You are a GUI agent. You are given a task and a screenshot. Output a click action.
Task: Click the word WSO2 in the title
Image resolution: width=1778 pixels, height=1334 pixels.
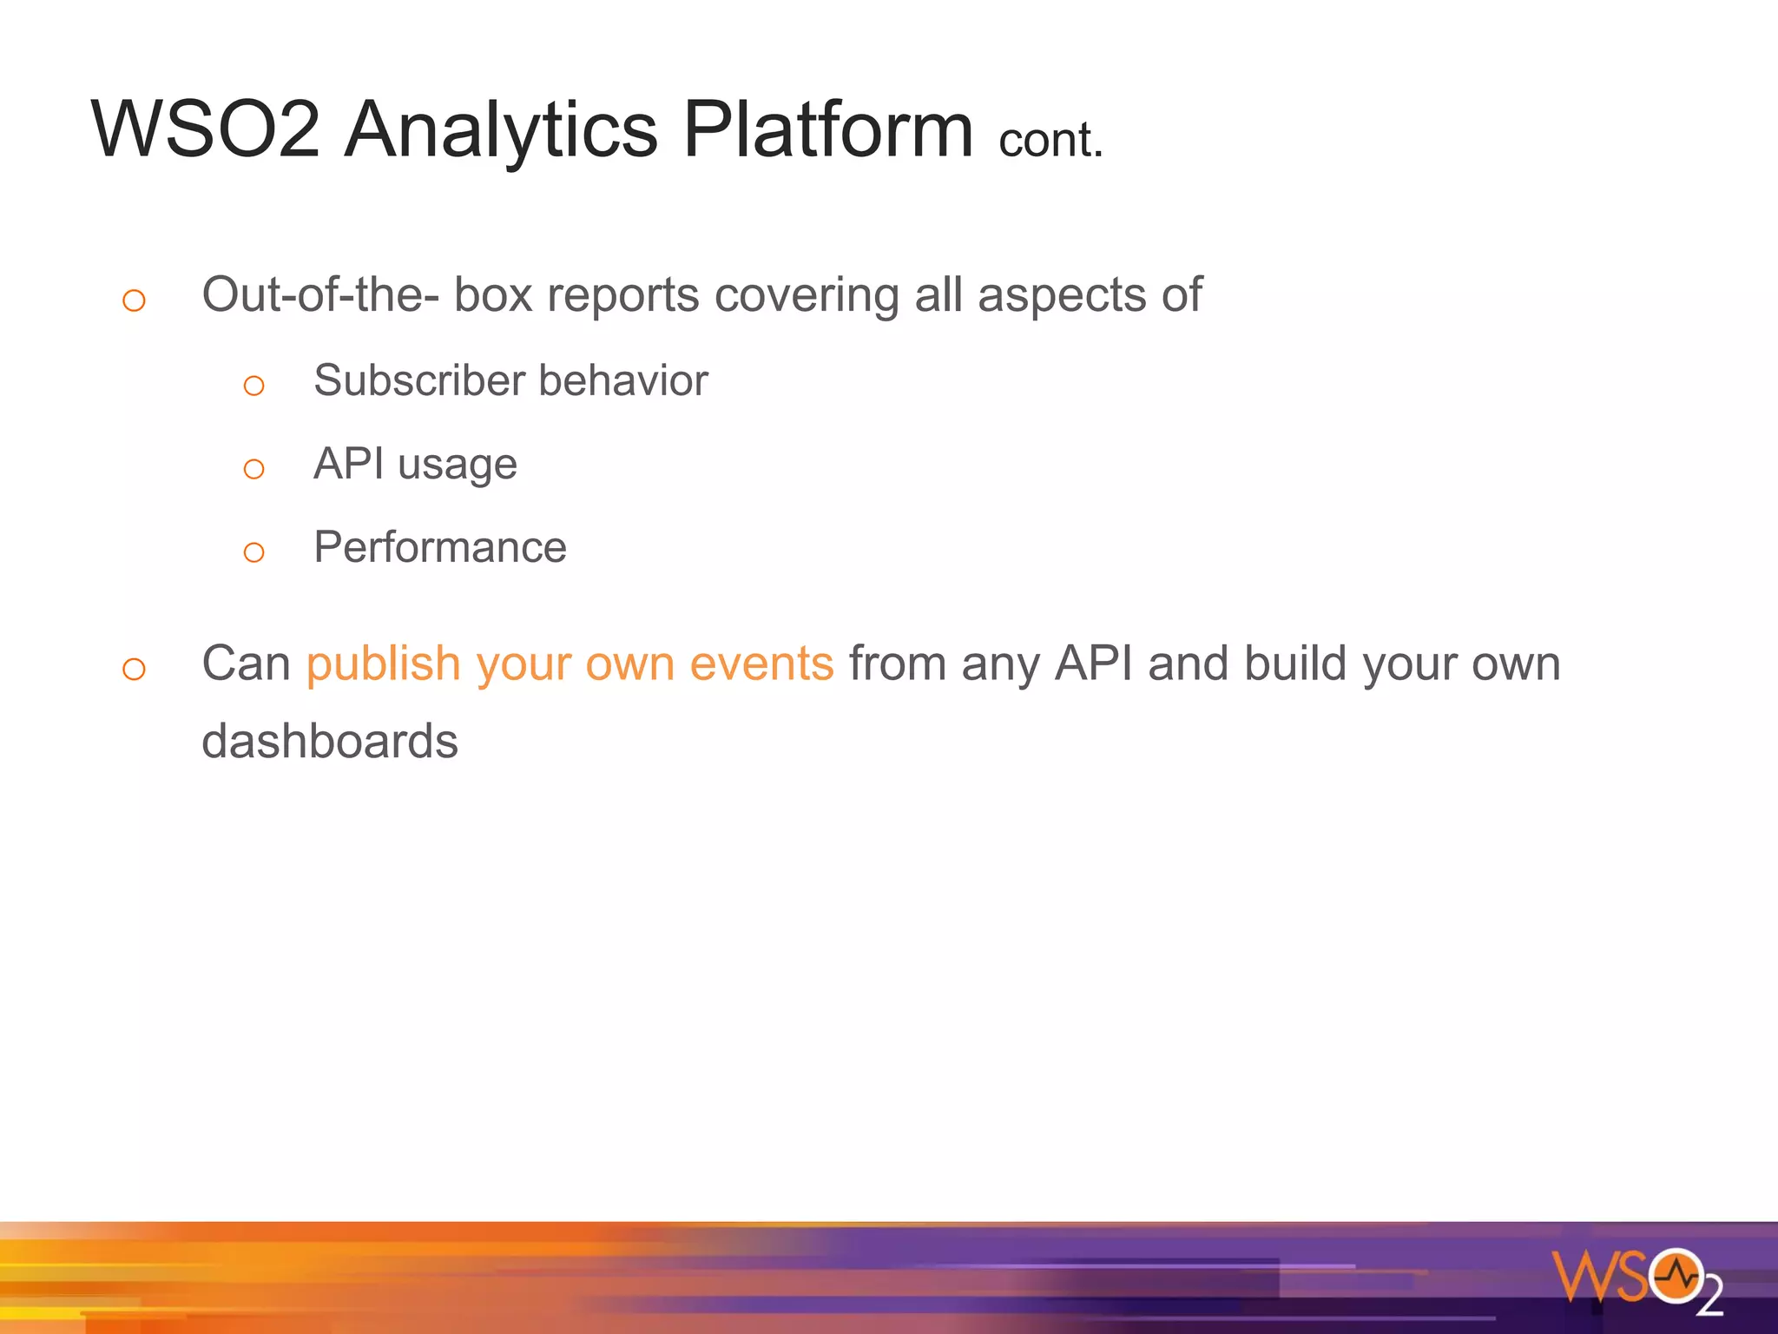coord(206,130)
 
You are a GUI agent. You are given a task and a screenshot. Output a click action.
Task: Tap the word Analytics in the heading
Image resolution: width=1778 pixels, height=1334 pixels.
coord(501,130)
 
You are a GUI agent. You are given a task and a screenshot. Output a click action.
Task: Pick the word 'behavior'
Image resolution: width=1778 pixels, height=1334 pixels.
coord(623,380)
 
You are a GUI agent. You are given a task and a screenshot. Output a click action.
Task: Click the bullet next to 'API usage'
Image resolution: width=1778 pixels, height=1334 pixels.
coord(254,470)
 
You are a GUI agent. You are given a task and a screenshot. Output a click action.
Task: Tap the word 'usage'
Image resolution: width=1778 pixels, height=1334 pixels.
coord(458,465)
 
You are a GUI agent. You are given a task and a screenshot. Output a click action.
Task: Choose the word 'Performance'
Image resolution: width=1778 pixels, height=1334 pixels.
coord(440,547)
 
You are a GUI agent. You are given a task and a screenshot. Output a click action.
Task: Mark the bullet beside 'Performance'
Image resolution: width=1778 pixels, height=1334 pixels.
coord(254,552)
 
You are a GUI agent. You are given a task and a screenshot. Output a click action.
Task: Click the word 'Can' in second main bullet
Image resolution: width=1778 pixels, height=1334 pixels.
coord(246,664)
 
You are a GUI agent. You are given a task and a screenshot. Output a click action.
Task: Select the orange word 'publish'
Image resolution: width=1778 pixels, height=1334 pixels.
coord(383,664)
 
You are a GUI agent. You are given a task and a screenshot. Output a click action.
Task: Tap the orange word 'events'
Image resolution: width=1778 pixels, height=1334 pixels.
coord(761,664)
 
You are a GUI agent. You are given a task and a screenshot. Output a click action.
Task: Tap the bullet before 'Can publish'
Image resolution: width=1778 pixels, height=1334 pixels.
coord(134,670)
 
